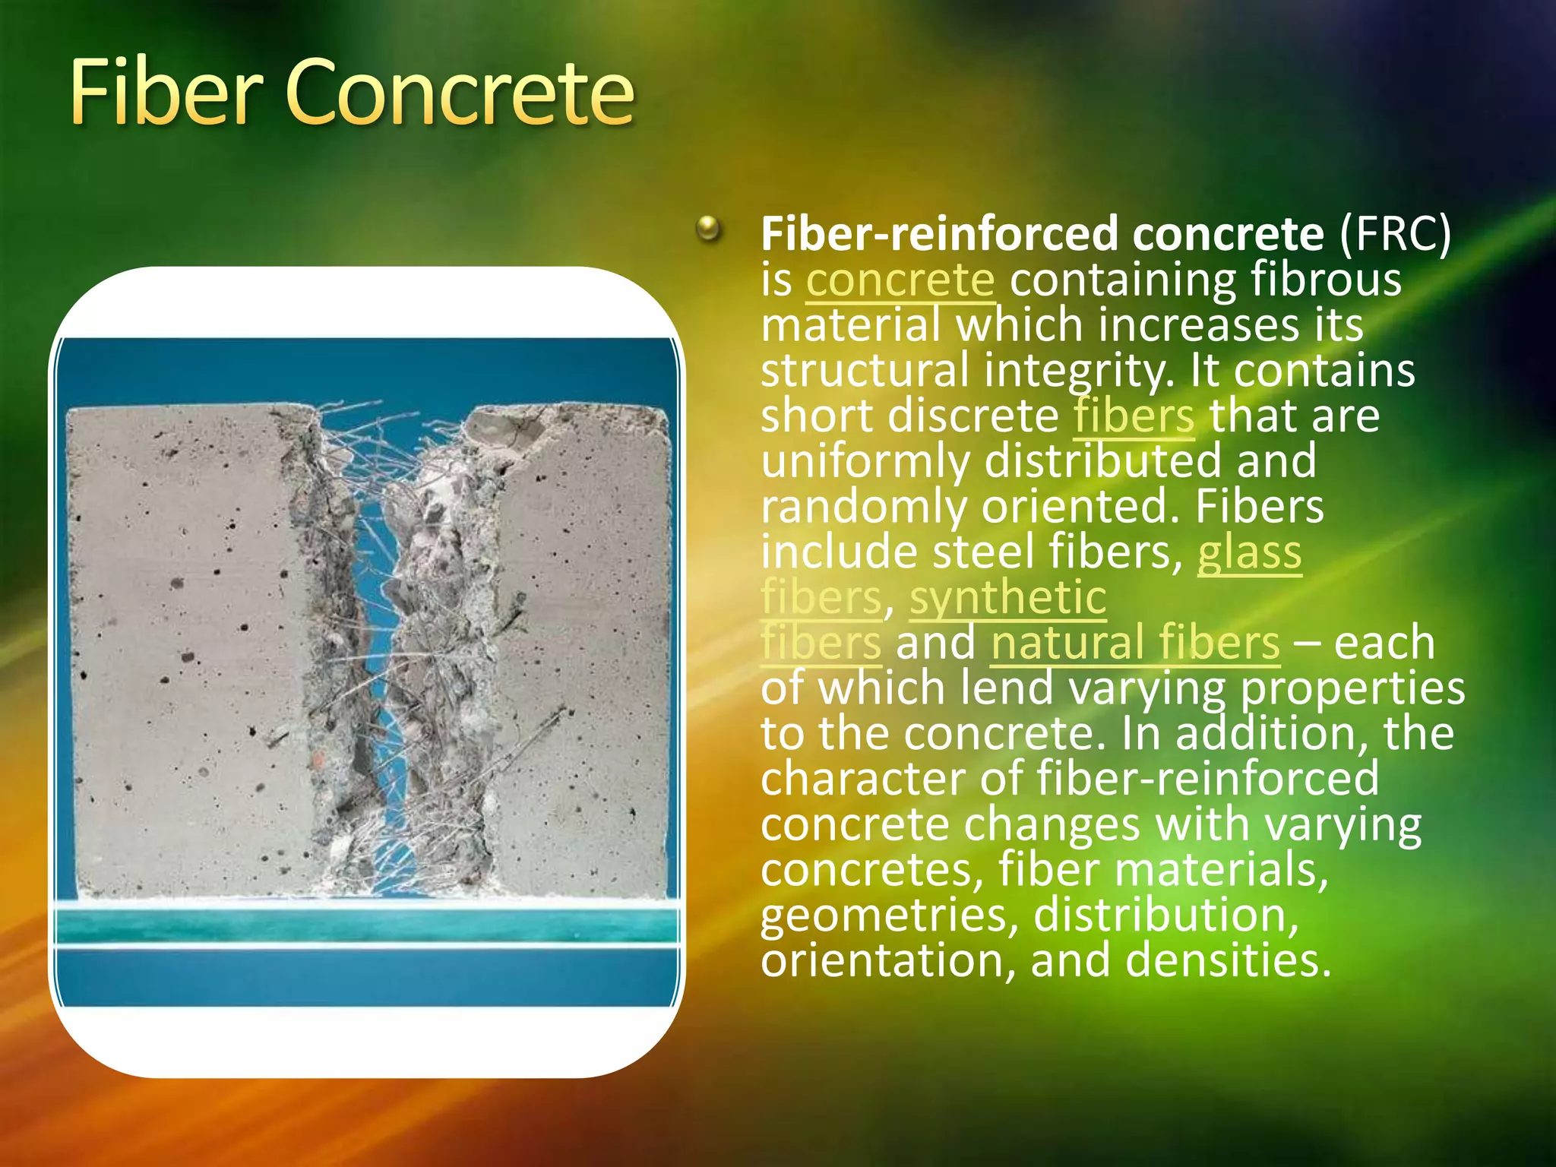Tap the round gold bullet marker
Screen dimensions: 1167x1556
coord(708,228)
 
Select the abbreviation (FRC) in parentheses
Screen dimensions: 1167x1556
coord(1395,234)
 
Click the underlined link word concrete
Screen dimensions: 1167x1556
coord(900,280)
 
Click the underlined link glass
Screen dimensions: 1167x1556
coord(1249,552)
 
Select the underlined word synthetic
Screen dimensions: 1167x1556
coord(1007,597)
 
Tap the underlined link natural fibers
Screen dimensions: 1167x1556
coord(1135,643)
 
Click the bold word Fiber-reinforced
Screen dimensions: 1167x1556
coord(939,234)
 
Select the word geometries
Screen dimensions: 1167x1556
coord(889,916)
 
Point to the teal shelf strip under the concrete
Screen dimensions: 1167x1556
coord(365,925)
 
